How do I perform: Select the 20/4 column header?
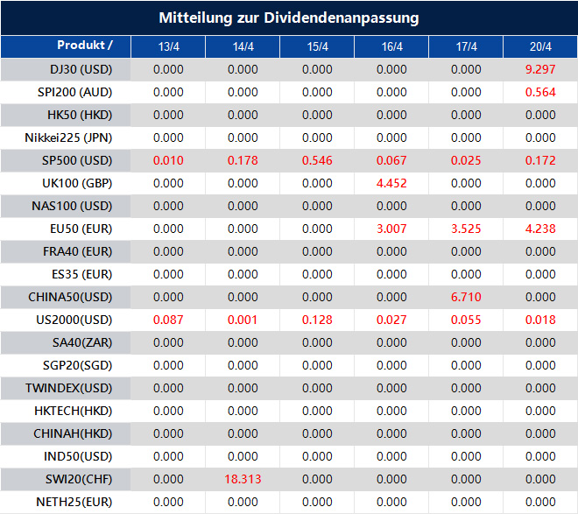tap(540, 46)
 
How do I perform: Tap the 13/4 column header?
tap(168, 46)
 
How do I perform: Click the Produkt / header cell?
tap(84, 45)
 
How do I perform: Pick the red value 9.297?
tap(540, 69)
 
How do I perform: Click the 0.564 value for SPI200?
tap(540, 92)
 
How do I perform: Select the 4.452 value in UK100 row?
tap(391, 183)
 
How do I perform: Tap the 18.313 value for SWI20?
tap(242, 479)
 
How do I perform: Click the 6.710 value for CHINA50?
tap(466, 297)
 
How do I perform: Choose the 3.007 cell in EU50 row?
tap(391, 229)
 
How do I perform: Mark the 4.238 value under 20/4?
tap(540, 229)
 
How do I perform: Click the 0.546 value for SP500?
tap(317, 160)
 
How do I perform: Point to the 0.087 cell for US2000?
tap(168, 320)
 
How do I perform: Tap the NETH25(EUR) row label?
tap(75, 502)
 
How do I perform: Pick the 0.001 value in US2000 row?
tap(243, 320)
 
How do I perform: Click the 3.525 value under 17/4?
tap(466, 229)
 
